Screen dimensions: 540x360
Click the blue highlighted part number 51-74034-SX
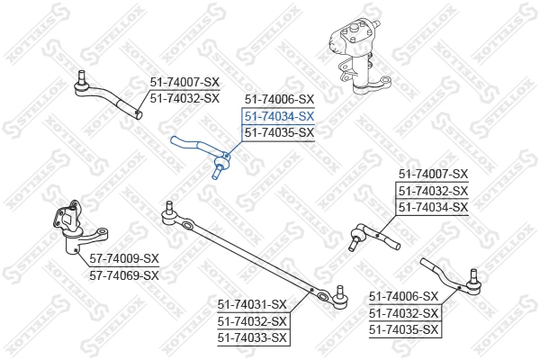tap(279, 116)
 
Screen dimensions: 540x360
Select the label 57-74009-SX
tap(124, 258)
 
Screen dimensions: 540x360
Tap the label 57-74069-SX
tap(124, 275)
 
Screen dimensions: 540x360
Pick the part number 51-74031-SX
tap(252, 304)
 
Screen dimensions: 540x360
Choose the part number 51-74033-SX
tap(252, 337)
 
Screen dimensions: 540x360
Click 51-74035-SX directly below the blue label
tap(279, 132)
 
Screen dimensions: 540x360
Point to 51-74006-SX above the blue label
tap(279, 100)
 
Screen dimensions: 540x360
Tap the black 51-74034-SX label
tap(434, 207)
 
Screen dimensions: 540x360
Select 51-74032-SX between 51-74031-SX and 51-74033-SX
tap(252, 321)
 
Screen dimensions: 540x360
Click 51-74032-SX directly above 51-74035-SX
tap(403, 313)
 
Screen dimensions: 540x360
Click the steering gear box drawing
tap(358, 57)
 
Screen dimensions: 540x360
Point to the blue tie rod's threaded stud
tap(217, 172)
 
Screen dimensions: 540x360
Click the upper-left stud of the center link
tap(169, 207)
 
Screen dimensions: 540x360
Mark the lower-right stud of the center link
tap(340, 292)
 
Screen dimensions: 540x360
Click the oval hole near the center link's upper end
tap(188, 226)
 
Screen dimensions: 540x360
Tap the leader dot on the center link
tap(311, 290)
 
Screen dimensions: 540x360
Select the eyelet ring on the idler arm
tap(102, 231)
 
